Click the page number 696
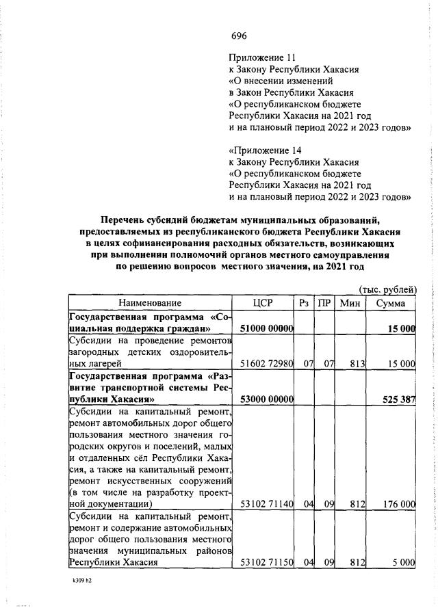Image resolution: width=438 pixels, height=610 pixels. [239, 36]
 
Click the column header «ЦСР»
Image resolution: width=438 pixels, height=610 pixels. [263, 303]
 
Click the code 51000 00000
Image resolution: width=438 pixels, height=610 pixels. [268, 330]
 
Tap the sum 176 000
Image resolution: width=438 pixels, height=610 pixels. [400, 525]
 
